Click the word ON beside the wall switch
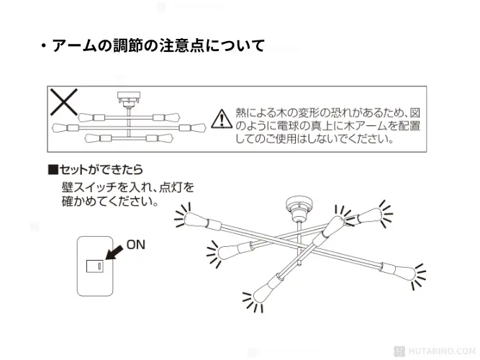[x=136, y=245]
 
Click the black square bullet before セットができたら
[x=52, y=171]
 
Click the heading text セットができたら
[x=101, y=171]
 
